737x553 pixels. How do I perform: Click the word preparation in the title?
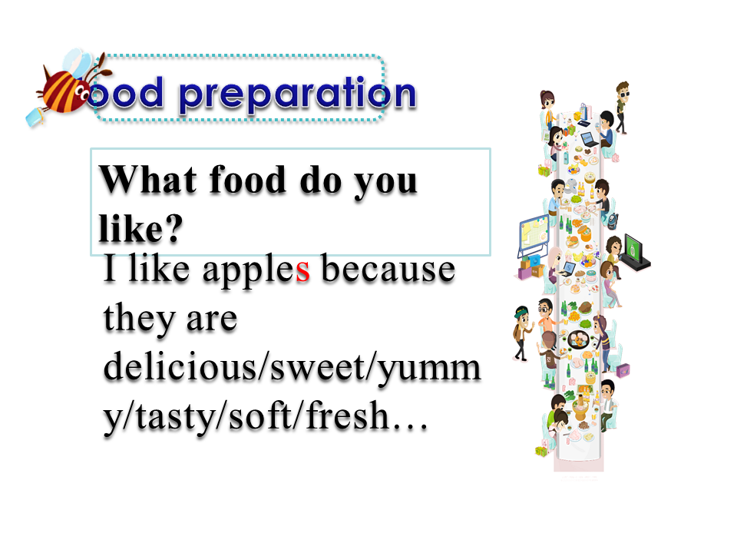tap(298, 94)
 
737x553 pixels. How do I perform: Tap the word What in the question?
tap(148, 179)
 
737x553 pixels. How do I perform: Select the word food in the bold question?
tap(248, 179)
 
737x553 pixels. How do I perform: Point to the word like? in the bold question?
tap(140, 229)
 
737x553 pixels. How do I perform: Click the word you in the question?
tap(385, 184)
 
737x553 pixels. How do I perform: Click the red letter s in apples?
tap(303, 271)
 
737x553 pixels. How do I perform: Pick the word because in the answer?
tap(388, 268)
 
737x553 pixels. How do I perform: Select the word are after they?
tap(212, 321)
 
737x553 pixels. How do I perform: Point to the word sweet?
tap(319, 368)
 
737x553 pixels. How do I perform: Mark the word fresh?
tap(348, 415)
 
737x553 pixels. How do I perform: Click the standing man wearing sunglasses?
tap(622, 108)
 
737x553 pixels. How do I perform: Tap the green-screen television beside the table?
tap(636, 252)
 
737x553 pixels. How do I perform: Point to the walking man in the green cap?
tap(522, 333)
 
